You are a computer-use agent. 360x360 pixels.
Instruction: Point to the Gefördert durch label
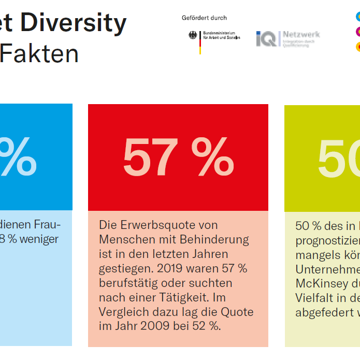pos(204,18)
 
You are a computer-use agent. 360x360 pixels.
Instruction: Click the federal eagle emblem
pos(193,36)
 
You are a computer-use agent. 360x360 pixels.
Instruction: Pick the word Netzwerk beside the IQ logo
pos(301,35)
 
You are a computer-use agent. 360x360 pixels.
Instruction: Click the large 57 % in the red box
pos(178,157)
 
